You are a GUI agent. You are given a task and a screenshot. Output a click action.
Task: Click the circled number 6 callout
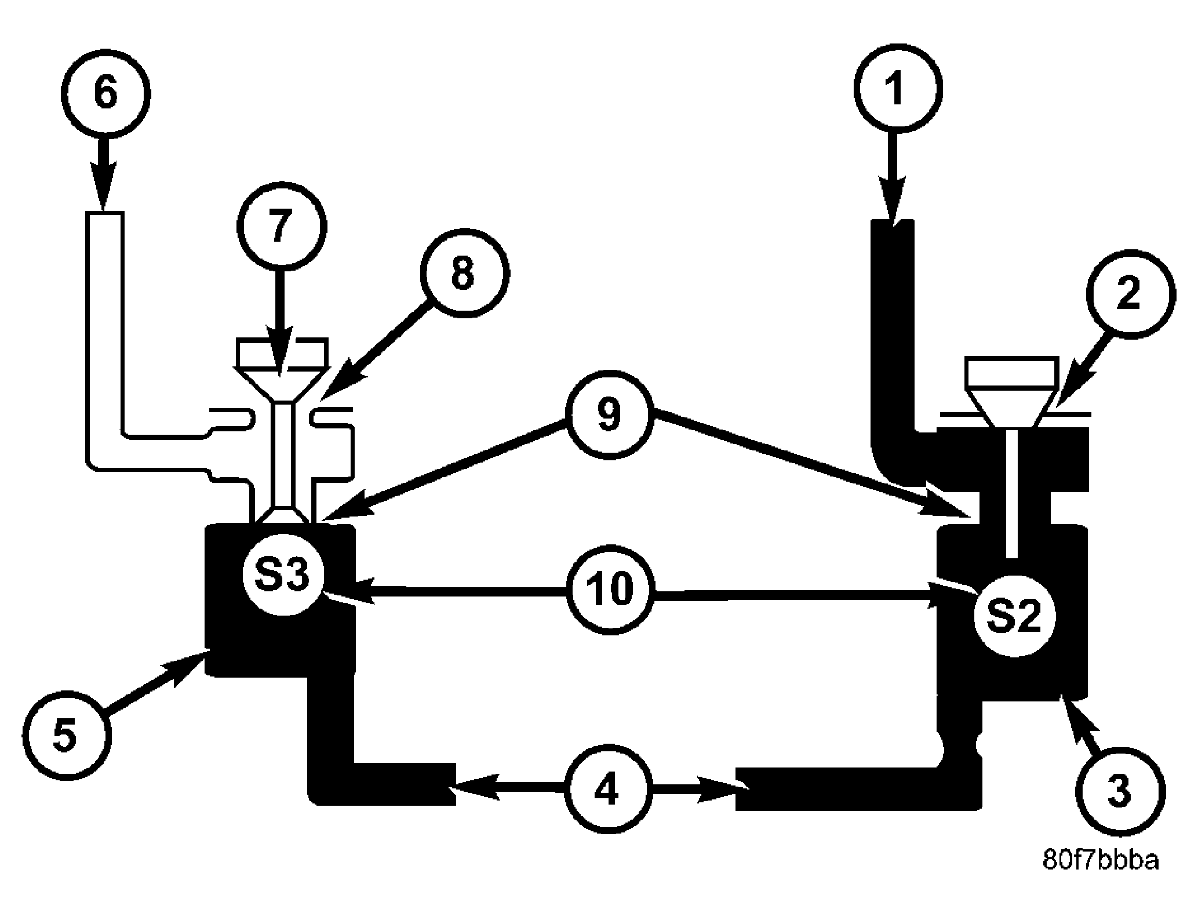[105, 92]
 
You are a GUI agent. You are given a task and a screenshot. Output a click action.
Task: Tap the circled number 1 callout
[897, 88]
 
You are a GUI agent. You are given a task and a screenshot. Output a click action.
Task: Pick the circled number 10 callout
[610, 590]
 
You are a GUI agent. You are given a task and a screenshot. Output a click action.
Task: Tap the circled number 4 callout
[606, 790]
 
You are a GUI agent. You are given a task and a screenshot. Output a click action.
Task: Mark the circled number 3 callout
[1120, 790]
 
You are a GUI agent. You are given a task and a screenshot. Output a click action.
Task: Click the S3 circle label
[283, 574]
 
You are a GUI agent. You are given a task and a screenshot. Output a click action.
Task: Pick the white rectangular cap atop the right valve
[1009, 372]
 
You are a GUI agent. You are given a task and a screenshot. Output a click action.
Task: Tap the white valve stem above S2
[1013, 493]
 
